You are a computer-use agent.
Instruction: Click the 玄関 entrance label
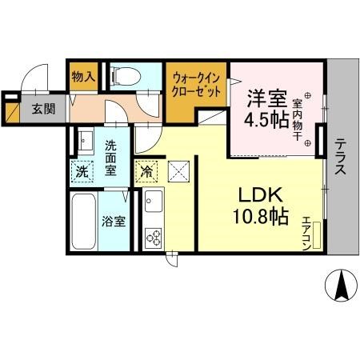(44, 109)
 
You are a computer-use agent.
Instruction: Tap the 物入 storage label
(83, 78)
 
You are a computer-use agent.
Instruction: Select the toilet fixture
(123, 75)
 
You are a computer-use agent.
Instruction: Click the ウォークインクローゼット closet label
(195, 85)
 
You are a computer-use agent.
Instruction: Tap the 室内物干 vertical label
(297, 118)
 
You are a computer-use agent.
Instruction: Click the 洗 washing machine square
(82, 170)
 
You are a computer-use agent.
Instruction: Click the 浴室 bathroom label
(114, 221)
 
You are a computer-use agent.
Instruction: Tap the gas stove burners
(151, 236)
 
